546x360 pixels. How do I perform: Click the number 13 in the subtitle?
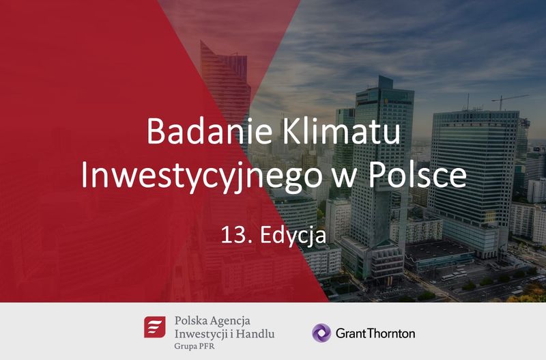tap(232, 235)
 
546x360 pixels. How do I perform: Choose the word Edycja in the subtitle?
tap(293, 236)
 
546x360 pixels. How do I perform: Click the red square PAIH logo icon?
tap(155, 327)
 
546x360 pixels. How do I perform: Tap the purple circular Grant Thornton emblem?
tap(321, 333)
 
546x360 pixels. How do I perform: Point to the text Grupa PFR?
tap(195, 346)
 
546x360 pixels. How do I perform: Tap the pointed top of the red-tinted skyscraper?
tap(201, 41)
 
